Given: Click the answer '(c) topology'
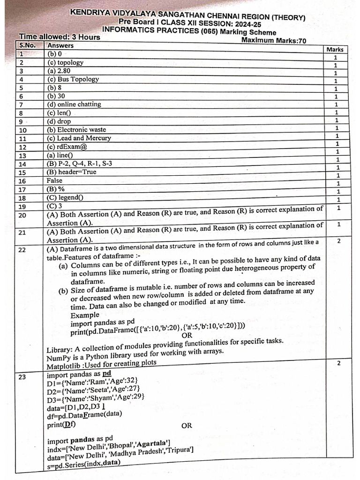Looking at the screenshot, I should click(65, 62).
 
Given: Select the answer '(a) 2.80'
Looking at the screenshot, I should click(59, 71).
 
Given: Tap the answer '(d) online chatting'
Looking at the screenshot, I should click(74, 104).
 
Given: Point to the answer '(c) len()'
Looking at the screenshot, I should click(59, 112).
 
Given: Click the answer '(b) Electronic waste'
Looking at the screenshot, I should click(76, 129).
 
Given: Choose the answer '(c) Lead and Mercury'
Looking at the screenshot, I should click(79, 138).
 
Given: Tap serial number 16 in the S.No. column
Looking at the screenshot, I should click(22, 181).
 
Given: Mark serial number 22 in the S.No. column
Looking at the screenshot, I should click(22, 250).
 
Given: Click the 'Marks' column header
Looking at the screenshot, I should click(334, 49).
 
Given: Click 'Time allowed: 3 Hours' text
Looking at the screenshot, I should click(60, 37).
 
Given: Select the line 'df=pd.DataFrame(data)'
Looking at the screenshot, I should click(84, 413).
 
